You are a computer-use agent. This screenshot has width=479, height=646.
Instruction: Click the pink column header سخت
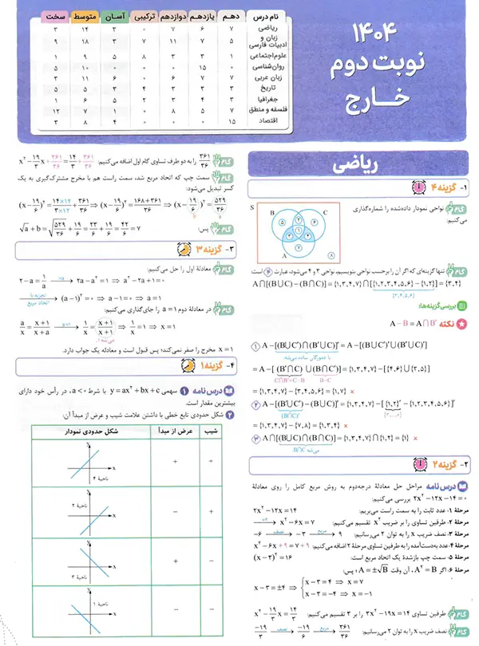53,16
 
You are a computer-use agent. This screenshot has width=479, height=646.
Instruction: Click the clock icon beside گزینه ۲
418,463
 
